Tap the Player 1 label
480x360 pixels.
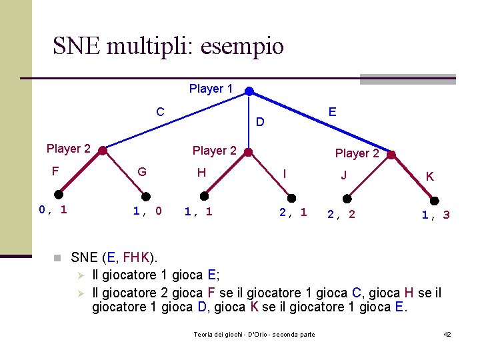211,89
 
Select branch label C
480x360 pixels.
160,111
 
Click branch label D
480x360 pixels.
260,122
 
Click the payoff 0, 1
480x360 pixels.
53,210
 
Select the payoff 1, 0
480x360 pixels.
147,211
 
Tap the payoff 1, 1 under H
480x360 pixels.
198,211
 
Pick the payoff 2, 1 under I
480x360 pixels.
293,212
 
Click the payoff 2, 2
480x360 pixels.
341,214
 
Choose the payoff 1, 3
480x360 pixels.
435,215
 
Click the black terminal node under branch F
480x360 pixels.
59,194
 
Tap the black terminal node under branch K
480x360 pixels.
435,200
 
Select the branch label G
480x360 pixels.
141,172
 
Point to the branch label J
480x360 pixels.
343,175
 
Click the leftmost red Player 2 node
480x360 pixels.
102,151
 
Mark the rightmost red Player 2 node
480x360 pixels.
391,156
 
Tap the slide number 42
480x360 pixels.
447,333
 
